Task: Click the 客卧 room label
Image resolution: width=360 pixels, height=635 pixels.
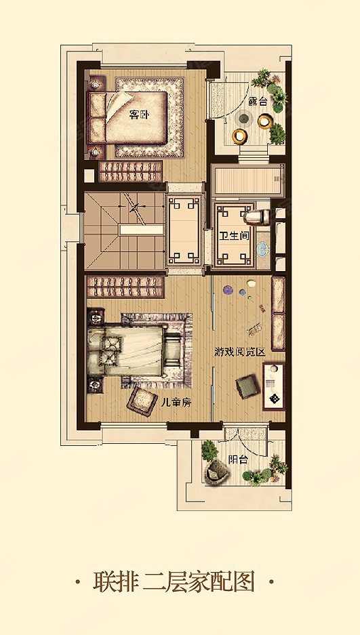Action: coord(139,115)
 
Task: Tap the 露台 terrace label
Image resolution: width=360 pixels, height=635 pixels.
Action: coord(258,102)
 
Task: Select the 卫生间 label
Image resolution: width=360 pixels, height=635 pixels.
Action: coord(234,236)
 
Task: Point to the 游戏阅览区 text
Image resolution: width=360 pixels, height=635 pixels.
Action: coord(240,352)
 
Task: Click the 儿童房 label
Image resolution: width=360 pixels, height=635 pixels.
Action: coord(176,403)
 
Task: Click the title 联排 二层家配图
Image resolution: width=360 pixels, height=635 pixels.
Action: coord(174,582)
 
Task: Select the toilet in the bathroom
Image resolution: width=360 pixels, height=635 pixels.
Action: coord(257,217)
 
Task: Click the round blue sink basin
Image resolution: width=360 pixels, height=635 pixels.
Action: coord(262,248)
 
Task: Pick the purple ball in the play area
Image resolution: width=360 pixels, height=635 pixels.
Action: coord(228,289)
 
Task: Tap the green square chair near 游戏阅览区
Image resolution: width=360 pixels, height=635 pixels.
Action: coord(247,386)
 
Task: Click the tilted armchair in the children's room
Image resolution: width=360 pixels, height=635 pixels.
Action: coord(142,401)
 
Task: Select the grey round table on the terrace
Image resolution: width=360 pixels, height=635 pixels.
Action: coord(244,119)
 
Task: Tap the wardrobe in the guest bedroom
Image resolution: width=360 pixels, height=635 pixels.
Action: coord(130,171)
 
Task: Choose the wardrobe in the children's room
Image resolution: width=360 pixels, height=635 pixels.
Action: coord(125,286)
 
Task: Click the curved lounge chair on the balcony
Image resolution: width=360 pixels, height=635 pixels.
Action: coord(217,471)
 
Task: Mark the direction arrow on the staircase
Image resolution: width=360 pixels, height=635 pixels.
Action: coord(136,207)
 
